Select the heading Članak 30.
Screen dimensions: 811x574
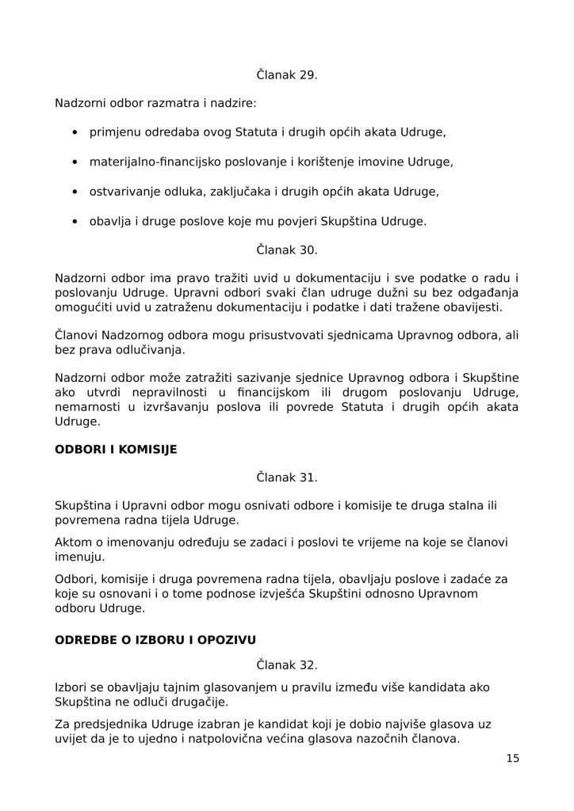point(286,249)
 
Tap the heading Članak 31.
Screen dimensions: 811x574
point(286,478)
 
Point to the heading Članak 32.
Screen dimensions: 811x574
point(286,659)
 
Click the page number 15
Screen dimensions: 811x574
point(512,758)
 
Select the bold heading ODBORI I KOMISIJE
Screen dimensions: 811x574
point(115,449)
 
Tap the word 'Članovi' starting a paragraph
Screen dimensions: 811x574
point(77,336)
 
